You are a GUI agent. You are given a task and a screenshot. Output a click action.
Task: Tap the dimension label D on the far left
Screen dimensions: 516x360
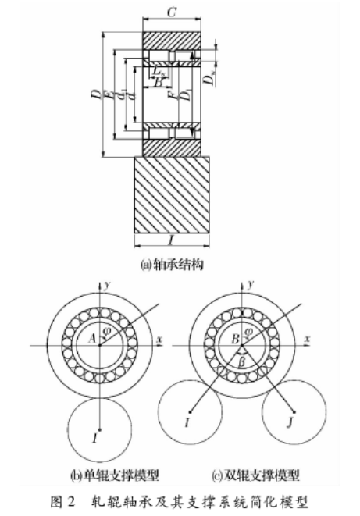94,95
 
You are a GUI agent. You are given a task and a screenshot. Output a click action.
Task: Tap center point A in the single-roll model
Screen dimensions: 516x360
92,337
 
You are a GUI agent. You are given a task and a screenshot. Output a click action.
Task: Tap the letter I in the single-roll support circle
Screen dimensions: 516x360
94,438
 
